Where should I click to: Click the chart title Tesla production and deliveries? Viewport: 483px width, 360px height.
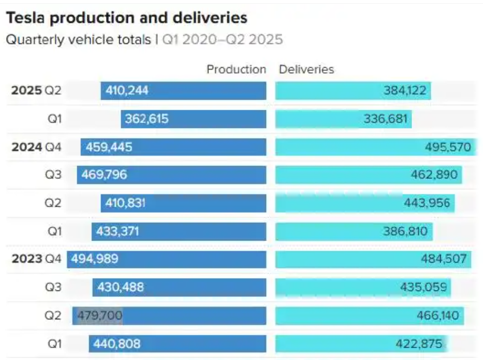pyautogui.click(x=126, y=18)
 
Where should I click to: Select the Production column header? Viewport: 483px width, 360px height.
pyautogui.click(x=236, y=70)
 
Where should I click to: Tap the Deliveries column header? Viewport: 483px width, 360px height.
pyautogui.click(x=306, y=70)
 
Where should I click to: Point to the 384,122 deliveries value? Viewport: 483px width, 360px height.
pyautogui.click(x=404, y=91)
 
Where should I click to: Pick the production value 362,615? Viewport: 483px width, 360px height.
pyautogui.click(x=147, y=119)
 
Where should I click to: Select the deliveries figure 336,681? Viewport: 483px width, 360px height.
pyautogui.click(x=385, y=119)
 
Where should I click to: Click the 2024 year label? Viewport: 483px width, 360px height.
pyautogui.click(x=27, y=147)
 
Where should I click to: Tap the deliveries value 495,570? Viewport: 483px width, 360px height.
pyautogui.click(x=448, y=147)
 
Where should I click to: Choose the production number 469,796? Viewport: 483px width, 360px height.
pyautogui.click(x=104, y=175)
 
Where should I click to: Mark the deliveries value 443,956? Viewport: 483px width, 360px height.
pyautogui.click(x=426, y=203)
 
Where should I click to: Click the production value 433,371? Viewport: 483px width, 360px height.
pyautogui.click(x=117, y=232)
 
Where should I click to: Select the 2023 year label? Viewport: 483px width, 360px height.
pyautogui.click(x=27, y=259)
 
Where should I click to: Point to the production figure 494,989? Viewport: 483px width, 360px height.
pyautogui.click(x=95, y=259)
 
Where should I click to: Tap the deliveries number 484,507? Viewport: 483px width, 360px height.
pyautogui.click(x=444, y=259)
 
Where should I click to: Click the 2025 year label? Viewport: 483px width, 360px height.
pyautogui.click(x=27, y=91)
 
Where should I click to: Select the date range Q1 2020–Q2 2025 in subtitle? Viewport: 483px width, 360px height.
pyautogui.click(x=222, y=39)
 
